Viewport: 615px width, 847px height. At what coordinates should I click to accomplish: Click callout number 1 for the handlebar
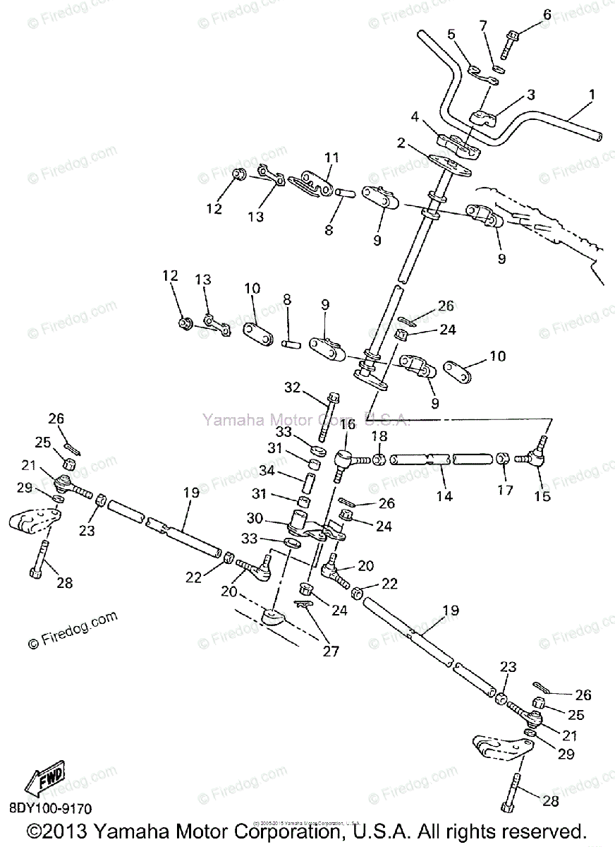coord(591,94)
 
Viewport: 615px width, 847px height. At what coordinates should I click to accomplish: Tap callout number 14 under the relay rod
coord(444,495)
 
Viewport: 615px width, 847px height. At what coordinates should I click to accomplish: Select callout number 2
coord(401,144)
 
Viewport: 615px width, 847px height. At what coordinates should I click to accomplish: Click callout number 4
coord(415,116)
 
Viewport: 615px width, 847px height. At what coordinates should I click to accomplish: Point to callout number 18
coord(379,436)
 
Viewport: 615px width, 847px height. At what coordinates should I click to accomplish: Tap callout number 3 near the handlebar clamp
coord(530,94)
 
